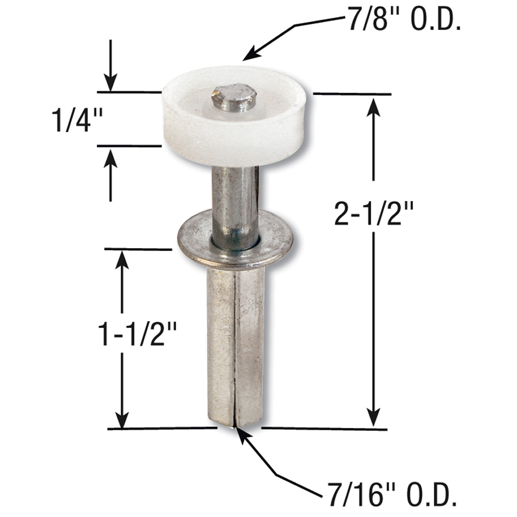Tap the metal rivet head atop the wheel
click(233, 98)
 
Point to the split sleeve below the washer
click(236, 345)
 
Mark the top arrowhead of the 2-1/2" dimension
click(374, 107)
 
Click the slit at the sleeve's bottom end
click(235, 422)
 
